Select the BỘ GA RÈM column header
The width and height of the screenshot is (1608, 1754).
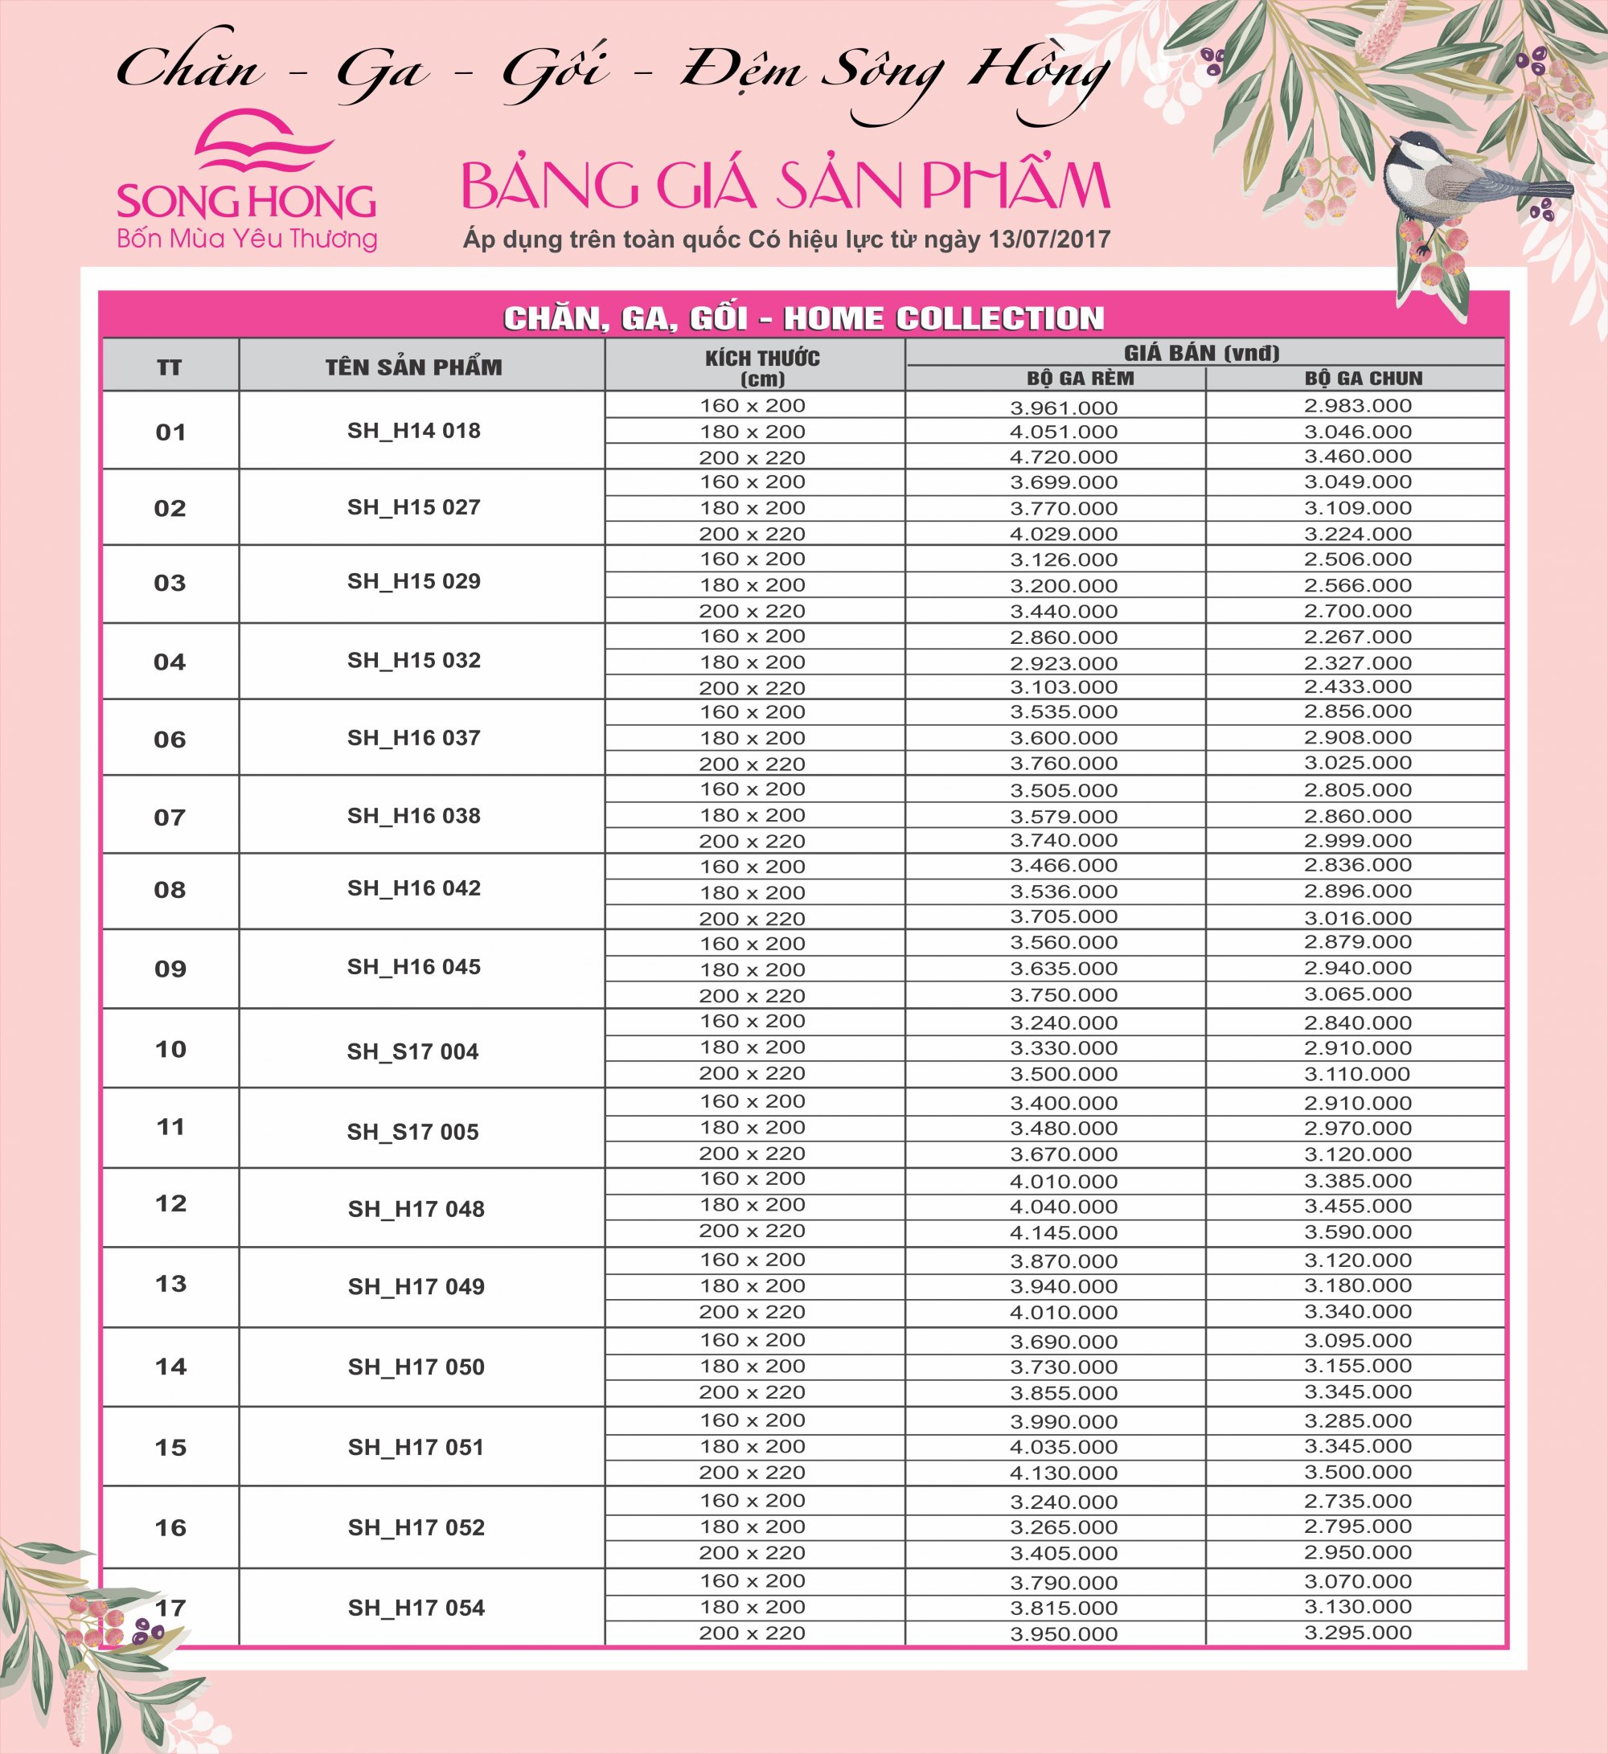click(x=1080, y=379)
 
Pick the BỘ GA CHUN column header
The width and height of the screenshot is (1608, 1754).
click(x=1364, y=379)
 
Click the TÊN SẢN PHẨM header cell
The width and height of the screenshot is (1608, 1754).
click(x=414, y=367)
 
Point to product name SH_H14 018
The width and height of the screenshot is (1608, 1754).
click(x=414, y=431)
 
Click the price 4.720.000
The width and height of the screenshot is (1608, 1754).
click(x=1064, y=457)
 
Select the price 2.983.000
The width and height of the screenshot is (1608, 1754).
click(x=1357, y=405)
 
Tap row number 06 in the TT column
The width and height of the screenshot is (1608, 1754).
click(x=170, y=740)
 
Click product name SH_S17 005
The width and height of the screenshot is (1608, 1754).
click(x=413, y=1132)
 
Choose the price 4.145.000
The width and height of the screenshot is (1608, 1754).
click(x=1064, y=1233)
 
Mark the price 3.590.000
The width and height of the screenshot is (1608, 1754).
click(x=1357, y=1232)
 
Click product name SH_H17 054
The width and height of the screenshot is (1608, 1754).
click(x=416, y=1608)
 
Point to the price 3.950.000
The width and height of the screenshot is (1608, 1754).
click(x=1064, y=1635)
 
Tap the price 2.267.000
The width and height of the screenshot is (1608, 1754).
click(x=1357, y=637)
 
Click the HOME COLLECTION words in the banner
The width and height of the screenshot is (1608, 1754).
click(x=943, y=318)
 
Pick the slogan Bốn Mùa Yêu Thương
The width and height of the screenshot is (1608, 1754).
click(x=247, y=239)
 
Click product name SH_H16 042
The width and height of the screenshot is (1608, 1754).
click(x=414, y=888)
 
